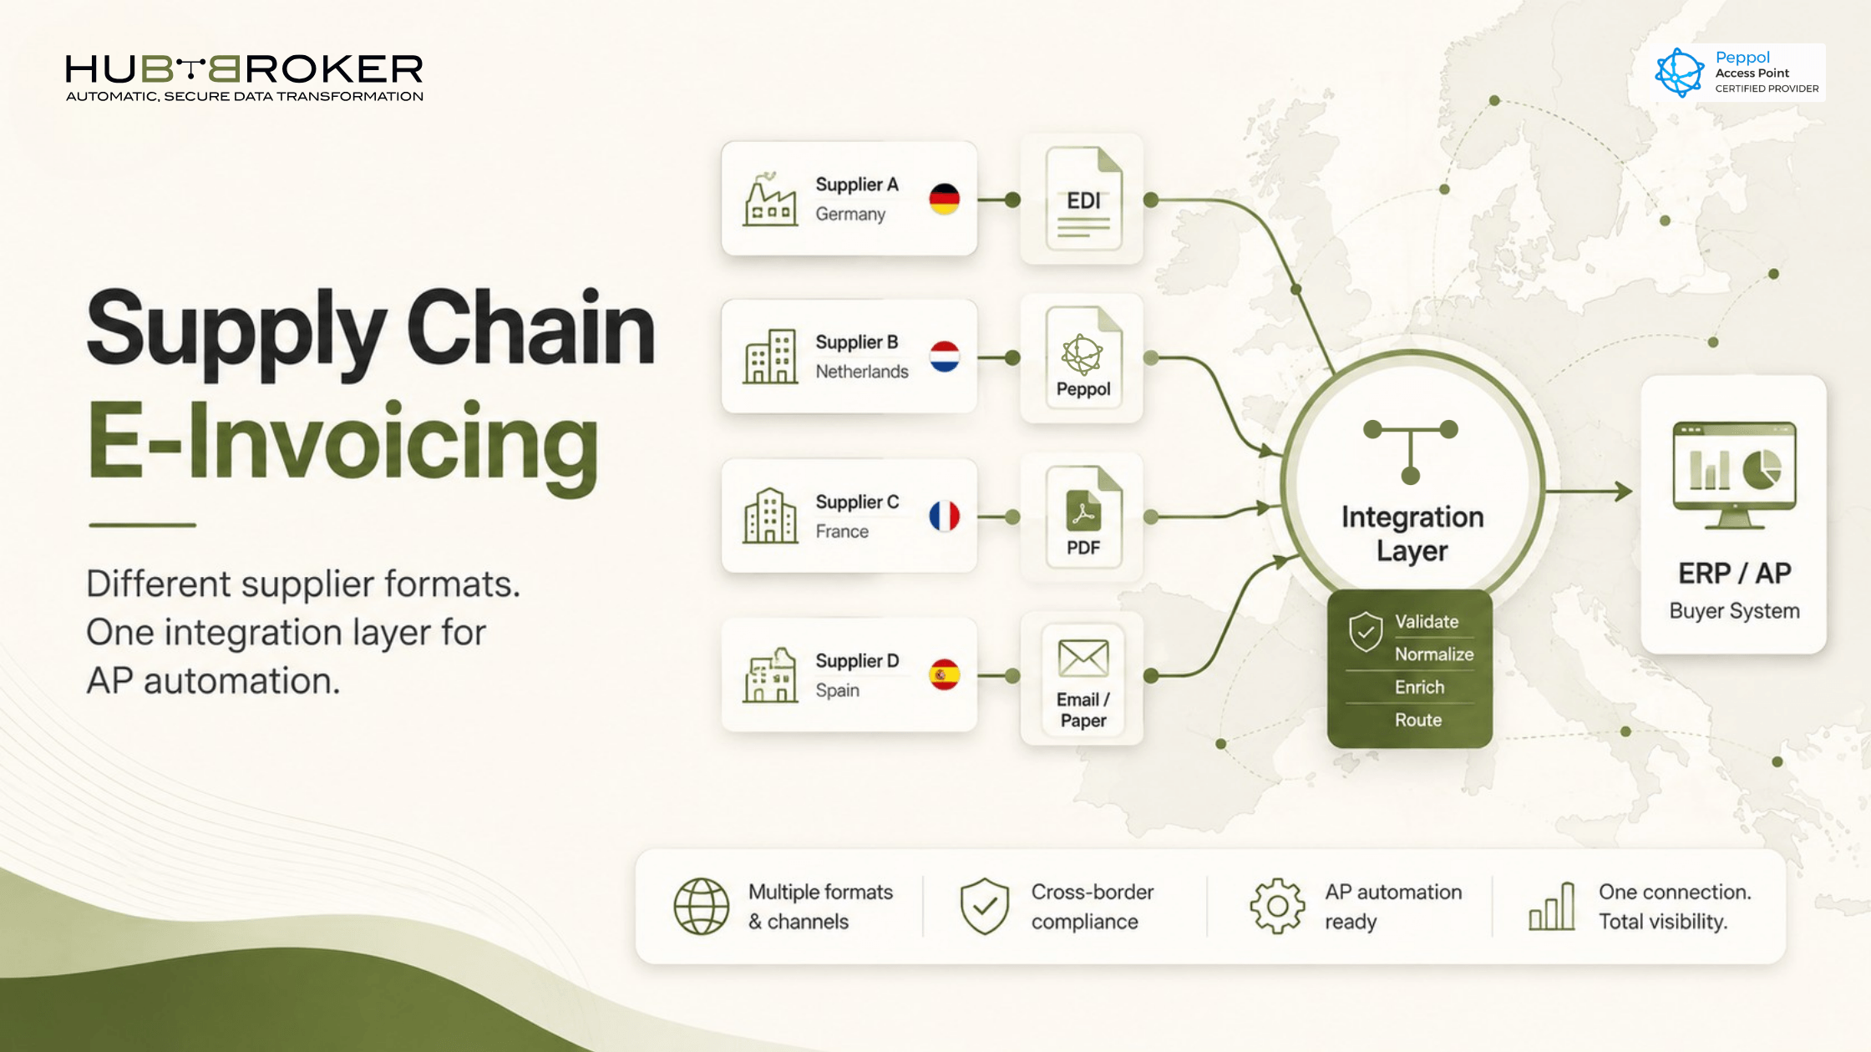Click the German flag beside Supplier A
click(945, 199)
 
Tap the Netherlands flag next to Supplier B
click(945, 357)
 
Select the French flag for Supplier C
click(945, 516)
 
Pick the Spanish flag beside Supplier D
click(945, 675)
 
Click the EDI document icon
click(1083, 199)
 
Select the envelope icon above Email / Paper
click(1083, 658)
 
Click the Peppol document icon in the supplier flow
click(1083, 357)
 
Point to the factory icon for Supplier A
click(769, 200)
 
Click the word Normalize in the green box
click(1434, 654)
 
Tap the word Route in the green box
click(1418, 720)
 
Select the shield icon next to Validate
click(1366, 631)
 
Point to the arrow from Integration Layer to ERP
click(1588, 491)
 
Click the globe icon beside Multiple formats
click(702, 906)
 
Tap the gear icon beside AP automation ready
click(1277, 906)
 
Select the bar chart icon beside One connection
click(1552, 907)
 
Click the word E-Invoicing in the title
click(343, 443)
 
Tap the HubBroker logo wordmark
click(244, 69)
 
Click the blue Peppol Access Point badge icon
click(1680, 73)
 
